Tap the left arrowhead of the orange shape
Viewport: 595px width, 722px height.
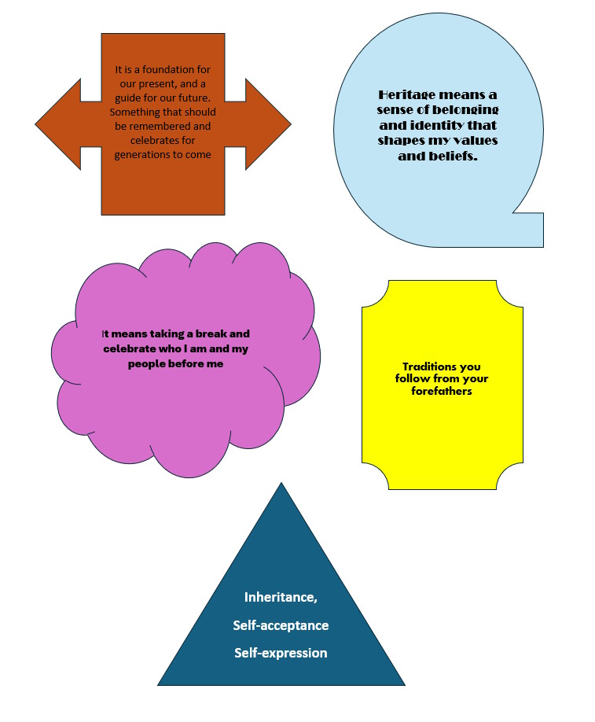[x=58, y=124]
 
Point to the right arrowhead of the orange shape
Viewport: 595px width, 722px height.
[x=268, y=124]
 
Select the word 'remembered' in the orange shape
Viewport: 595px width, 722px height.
[x=160, y=126]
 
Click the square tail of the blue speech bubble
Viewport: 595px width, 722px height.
[x=528, y=230]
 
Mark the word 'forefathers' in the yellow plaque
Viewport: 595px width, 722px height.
[x=442, y=392]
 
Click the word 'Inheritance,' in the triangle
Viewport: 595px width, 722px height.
[x=281, y=597]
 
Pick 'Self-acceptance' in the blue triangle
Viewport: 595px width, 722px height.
[x=281, y=625]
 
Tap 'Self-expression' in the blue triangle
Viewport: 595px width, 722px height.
[x=281, y=653]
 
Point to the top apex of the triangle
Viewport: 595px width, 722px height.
[x=281, y=483]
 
